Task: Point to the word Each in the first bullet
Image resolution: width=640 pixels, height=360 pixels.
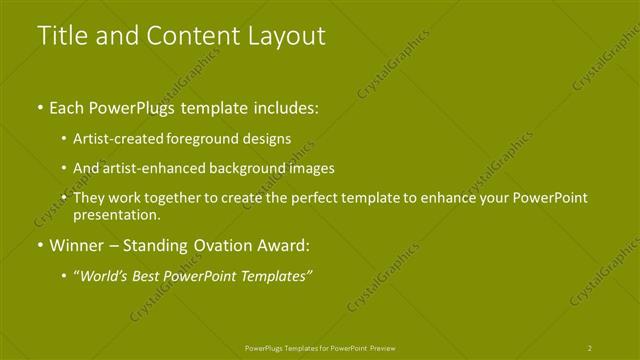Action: pyautogui.click(x=68, y=107)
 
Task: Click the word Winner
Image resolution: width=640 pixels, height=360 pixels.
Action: pyautogui.click(x=77, y=245)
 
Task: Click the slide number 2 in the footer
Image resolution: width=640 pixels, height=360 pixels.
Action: pyautogui.click(x=590, y=347)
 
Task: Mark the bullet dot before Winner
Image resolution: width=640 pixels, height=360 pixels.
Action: pyautogui.click(x=39, y=246)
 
